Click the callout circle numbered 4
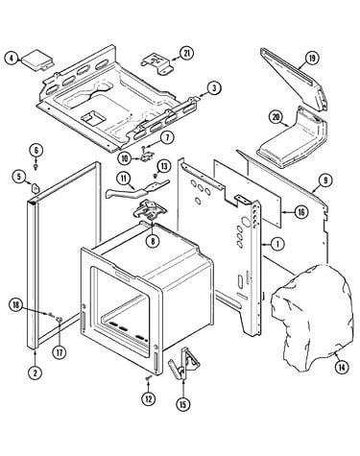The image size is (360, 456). [x=12, y=59]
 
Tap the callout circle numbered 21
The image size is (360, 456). [x=186, y=54]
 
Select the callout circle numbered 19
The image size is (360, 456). [x=311, y=59]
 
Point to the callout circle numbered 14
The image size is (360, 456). [x=342, y=368]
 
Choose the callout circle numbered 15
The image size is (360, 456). [x=182, y=404]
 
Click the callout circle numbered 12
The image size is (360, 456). [x=149, y=399]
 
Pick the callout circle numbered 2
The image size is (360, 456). [x=36, y=372]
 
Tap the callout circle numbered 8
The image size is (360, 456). [x=153, y=241]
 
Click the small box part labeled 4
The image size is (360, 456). [x=37, y=60]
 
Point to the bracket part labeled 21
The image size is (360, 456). [x=157, y=63]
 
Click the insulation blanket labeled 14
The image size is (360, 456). [x=312, y=317]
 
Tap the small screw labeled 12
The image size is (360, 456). [x=148, y=378]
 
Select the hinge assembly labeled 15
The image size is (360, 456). [x=184, y=364]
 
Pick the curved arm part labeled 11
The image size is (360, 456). [x=137, y=189]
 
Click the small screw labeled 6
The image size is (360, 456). [x=36, y=166]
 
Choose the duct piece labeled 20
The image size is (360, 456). [x=293, y=138]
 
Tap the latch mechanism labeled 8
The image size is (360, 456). [x=150, y=210]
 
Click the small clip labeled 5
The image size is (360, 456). [x=35, y=187]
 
